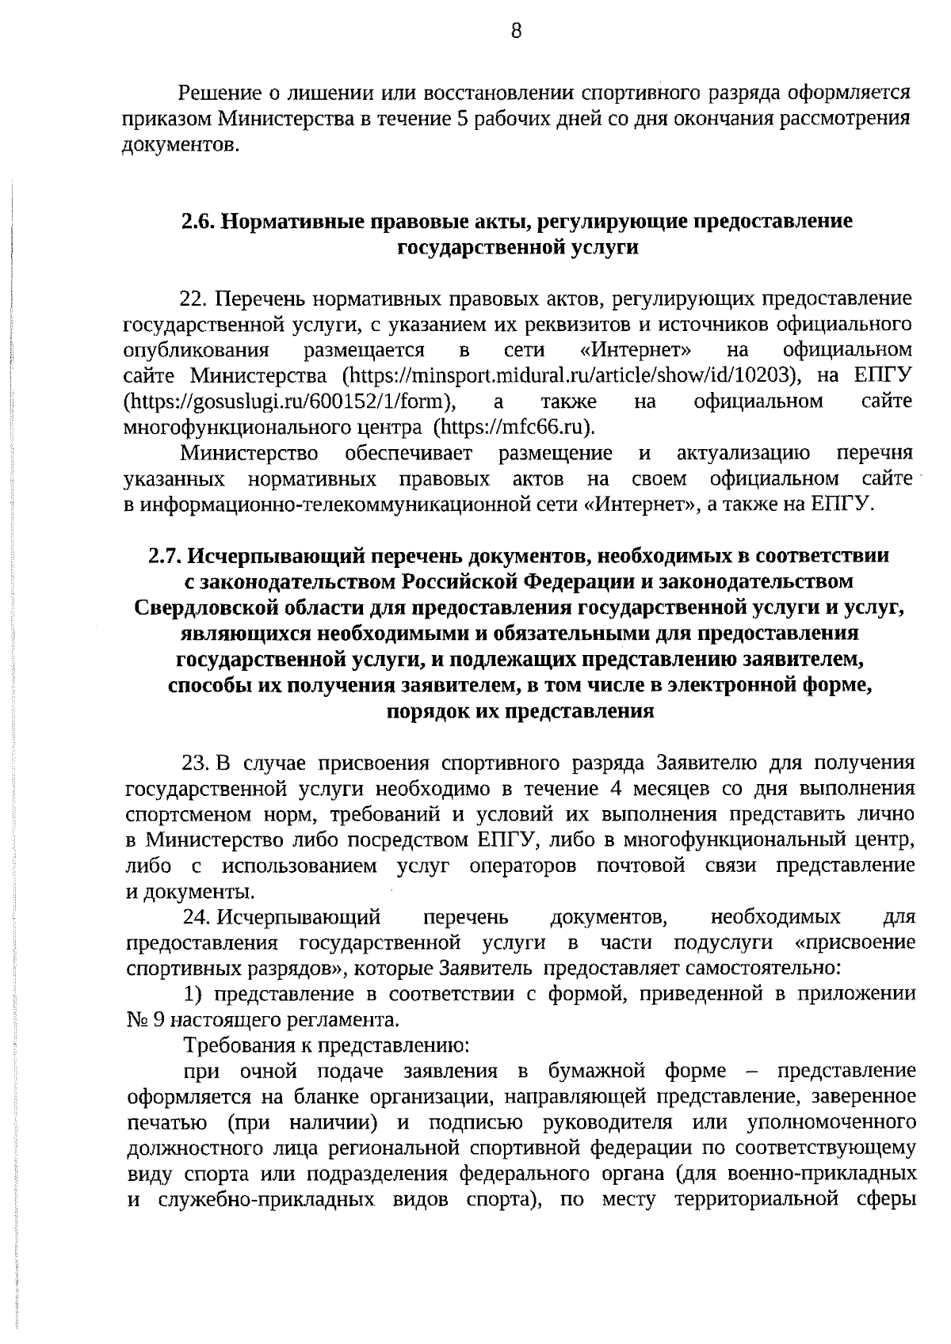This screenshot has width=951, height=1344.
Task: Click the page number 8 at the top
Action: click(516, 32)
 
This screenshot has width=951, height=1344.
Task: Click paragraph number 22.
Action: click(193, 299)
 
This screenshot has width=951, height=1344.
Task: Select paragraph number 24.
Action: click(196, 918)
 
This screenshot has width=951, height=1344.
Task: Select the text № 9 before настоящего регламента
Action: click(145, 1020)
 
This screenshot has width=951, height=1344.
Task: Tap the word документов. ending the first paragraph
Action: click(180, 146)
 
